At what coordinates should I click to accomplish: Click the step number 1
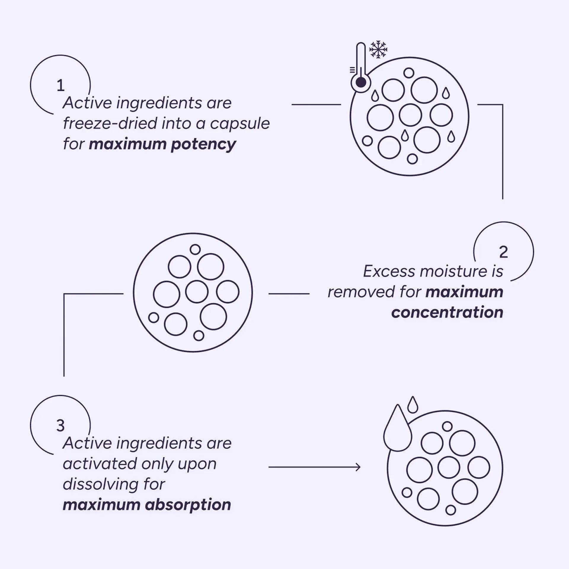60,85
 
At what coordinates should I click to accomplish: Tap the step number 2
503,252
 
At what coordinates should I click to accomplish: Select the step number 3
60,426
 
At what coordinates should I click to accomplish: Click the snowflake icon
378,49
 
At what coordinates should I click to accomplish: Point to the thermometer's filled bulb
360,82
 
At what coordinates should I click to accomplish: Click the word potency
203,145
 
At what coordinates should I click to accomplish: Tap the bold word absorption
188,505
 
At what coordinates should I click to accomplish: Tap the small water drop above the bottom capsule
413,405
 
